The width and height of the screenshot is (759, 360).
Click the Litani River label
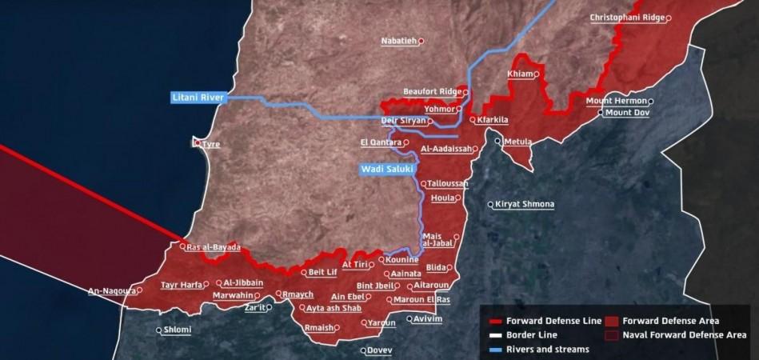[198, 98]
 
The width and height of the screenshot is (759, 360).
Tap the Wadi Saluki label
[385, 170]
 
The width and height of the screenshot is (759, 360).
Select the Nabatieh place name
[399, 41]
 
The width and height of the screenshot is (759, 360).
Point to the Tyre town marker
[198, 143]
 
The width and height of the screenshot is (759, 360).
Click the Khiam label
[520, 74]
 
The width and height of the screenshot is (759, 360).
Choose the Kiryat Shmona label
[525, 204]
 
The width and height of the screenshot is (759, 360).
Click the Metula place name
[517, 142]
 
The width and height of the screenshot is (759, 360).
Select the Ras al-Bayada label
[214, 247]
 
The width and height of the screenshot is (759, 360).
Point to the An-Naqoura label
[111, 291]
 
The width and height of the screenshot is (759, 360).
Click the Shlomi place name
[178, 330]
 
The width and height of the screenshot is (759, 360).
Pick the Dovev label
[380, 350]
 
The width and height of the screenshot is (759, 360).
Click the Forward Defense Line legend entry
[553, 321]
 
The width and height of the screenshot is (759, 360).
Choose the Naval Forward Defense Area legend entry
[684, 335]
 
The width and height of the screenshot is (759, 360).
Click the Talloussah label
[447, 183]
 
